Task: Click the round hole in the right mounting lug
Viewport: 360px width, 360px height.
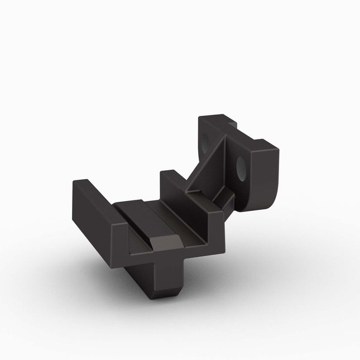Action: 242,168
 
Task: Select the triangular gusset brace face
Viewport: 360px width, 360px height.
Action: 212,167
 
